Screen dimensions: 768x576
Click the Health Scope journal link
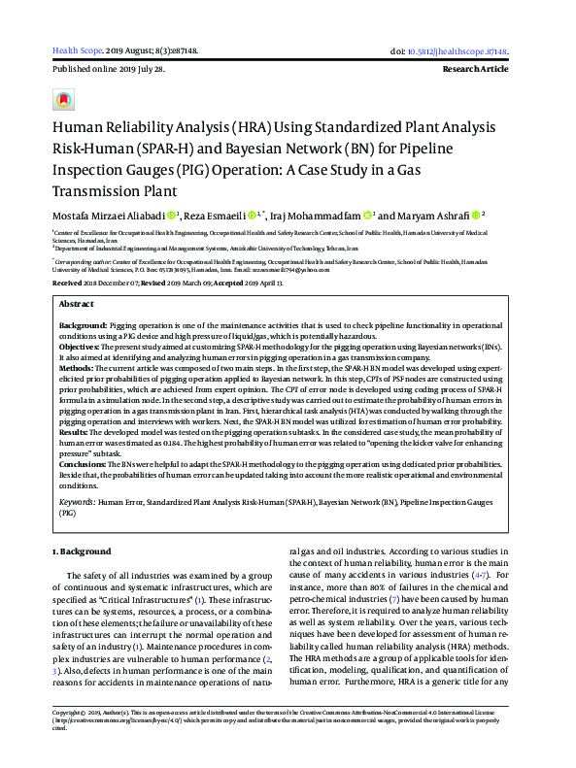pos(76,50)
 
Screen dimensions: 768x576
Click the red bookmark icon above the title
pos(64,99)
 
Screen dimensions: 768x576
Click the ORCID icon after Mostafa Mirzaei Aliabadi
pos(173,216)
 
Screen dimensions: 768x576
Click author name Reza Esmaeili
pos(213,216)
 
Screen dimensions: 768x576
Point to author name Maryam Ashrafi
pos(435,216)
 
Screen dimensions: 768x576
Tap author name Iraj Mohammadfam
pos(314,216)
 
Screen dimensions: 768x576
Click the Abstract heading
pos(77,304)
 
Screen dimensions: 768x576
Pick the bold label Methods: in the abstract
pos(79,370)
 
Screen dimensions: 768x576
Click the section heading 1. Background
pos(82,551)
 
